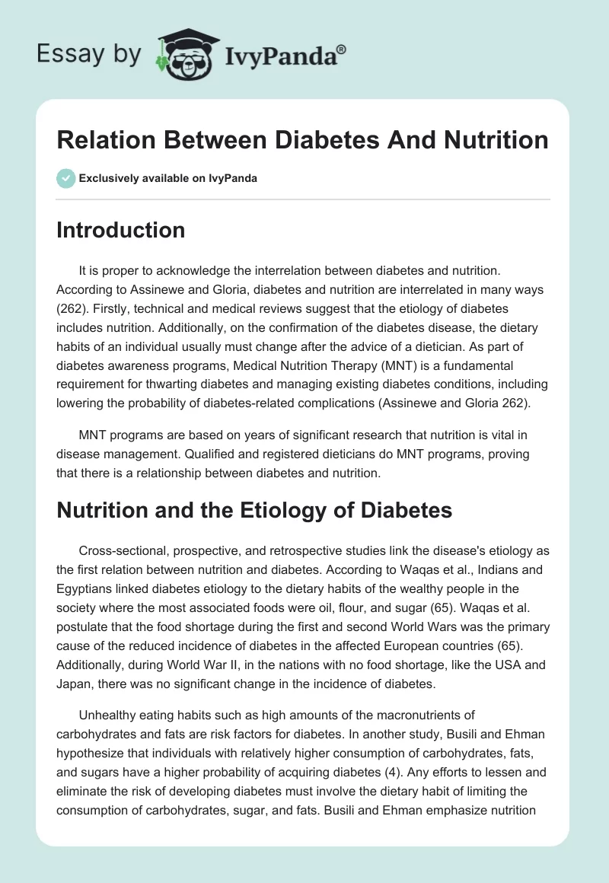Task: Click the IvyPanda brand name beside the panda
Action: [x=285, y=55]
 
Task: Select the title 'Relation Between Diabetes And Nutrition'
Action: [x=302, y=140]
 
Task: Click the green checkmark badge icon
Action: [x=65, y=178]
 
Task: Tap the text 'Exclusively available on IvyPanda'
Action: [x=169, y=178]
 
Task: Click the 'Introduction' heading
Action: [x=120, y=230]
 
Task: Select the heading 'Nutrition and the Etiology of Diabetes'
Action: [x=254, y=510]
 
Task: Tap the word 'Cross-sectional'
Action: [x=120, y=550]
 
